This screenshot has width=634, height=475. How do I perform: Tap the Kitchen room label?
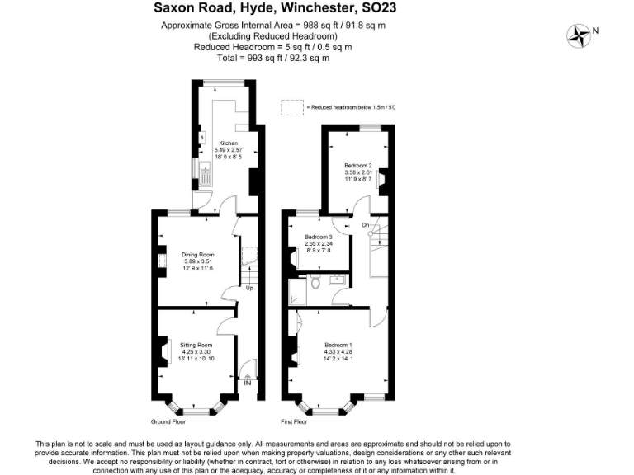[228, 143]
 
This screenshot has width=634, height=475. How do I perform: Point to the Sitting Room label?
[196, 344]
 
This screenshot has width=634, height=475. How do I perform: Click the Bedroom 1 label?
[338, 344]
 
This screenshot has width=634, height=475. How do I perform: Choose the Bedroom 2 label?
[358, 165]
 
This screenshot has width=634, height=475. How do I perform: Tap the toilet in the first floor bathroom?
[315, 283]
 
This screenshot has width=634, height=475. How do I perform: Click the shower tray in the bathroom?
[296, 290]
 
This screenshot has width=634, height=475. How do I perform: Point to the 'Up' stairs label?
[248, 288]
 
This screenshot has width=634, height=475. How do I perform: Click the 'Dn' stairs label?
[365, 225]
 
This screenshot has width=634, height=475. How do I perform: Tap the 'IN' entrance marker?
[247, 382]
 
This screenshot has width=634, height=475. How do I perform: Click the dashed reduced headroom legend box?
[291, 108]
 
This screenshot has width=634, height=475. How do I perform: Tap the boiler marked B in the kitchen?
[202, 137]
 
